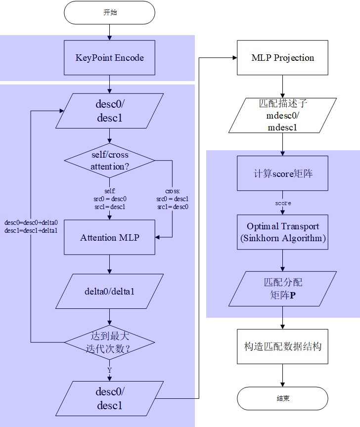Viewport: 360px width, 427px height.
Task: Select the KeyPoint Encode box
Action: pos(109,58)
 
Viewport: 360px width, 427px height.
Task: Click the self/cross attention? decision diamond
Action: pos(109,161)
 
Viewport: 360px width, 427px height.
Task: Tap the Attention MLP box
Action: pos(109,238)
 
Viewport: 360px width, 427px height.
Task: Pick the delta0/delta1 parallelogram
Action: pos(109,291)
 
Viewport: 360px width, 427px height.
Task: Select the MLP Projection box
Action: pos(282,58)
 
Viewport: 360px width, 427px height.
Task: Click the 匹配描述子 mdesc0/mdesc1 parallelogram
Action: pos(282,115)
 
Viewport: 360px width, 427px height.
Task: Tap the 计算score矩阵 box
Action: pos(282,173)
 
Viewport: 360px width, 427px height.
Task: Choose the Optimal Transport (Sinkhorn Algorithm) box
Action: pos(282,232)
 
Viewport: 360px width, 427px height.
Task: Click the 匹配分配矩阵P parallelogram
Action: pos(282,288)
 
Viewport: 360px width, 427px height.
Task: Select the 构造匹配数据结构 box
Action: pos(282,346)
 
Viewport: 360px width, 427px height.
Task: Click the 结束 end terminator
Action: pos(282,398)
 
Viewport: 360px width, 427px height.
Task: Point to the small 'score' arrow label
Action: pos(282,203)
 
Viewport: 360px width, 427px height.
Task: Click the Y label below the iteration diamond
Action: pos(109,370)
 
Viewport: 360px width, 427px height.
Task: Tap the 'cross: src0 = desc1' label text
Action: pos(172,199)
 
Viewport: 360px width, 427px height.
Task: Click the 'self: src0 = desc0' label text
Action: pos(109,199)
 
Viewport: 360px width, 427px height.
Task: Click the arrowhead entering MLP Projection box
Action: pos(234,58)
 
